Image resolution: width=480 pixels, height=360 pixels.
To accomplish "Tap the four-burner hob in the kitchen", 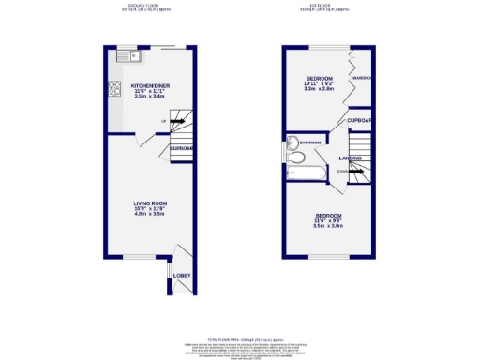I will coord(115,90).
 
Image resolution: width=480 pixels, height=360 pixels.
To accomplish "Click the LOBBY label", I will coord(182,275).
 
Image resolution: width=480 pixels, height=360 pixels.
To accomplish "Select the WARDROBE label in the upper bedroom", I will coord(363,78).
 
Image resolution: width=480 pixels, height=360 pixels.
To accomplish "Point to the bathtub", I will coord(302,172).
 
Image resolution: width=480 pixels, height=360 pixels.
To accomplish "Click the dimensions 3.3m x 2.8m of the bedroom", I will coord(325,89).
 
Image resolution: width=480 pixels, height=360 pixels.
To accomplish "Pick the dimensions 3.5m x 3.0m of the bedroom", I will coord(329,226).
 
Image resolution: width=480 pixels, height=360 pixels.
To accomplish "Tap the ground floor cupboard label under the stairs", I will coord(181,148).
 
